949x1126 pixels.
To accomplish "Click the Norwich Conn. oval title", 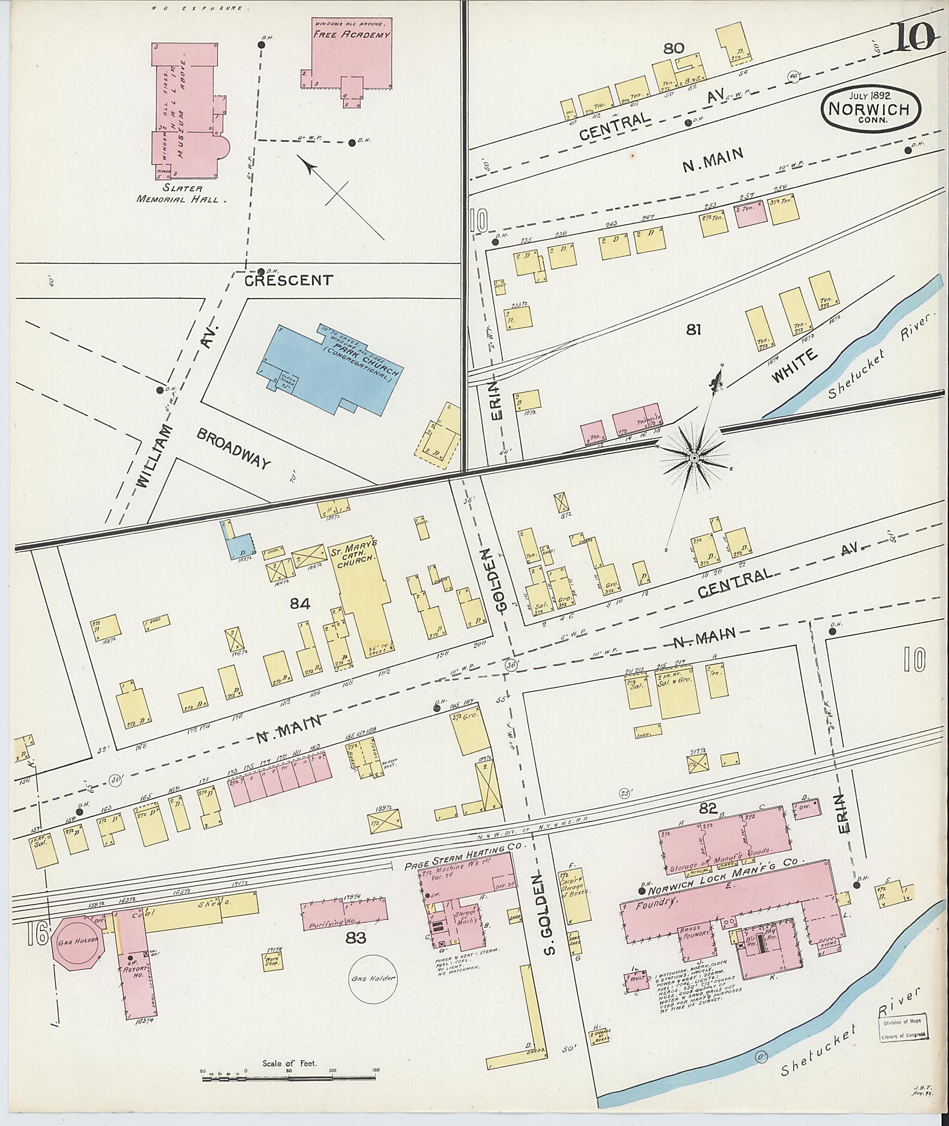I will pos(870,108).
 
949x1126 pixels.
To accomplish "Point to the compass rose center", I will pos(694,458).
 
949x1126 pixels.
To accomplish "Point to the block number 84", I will pos(301,604).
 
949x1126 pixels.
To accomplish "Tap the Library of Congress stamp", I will pos(904,1030).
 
